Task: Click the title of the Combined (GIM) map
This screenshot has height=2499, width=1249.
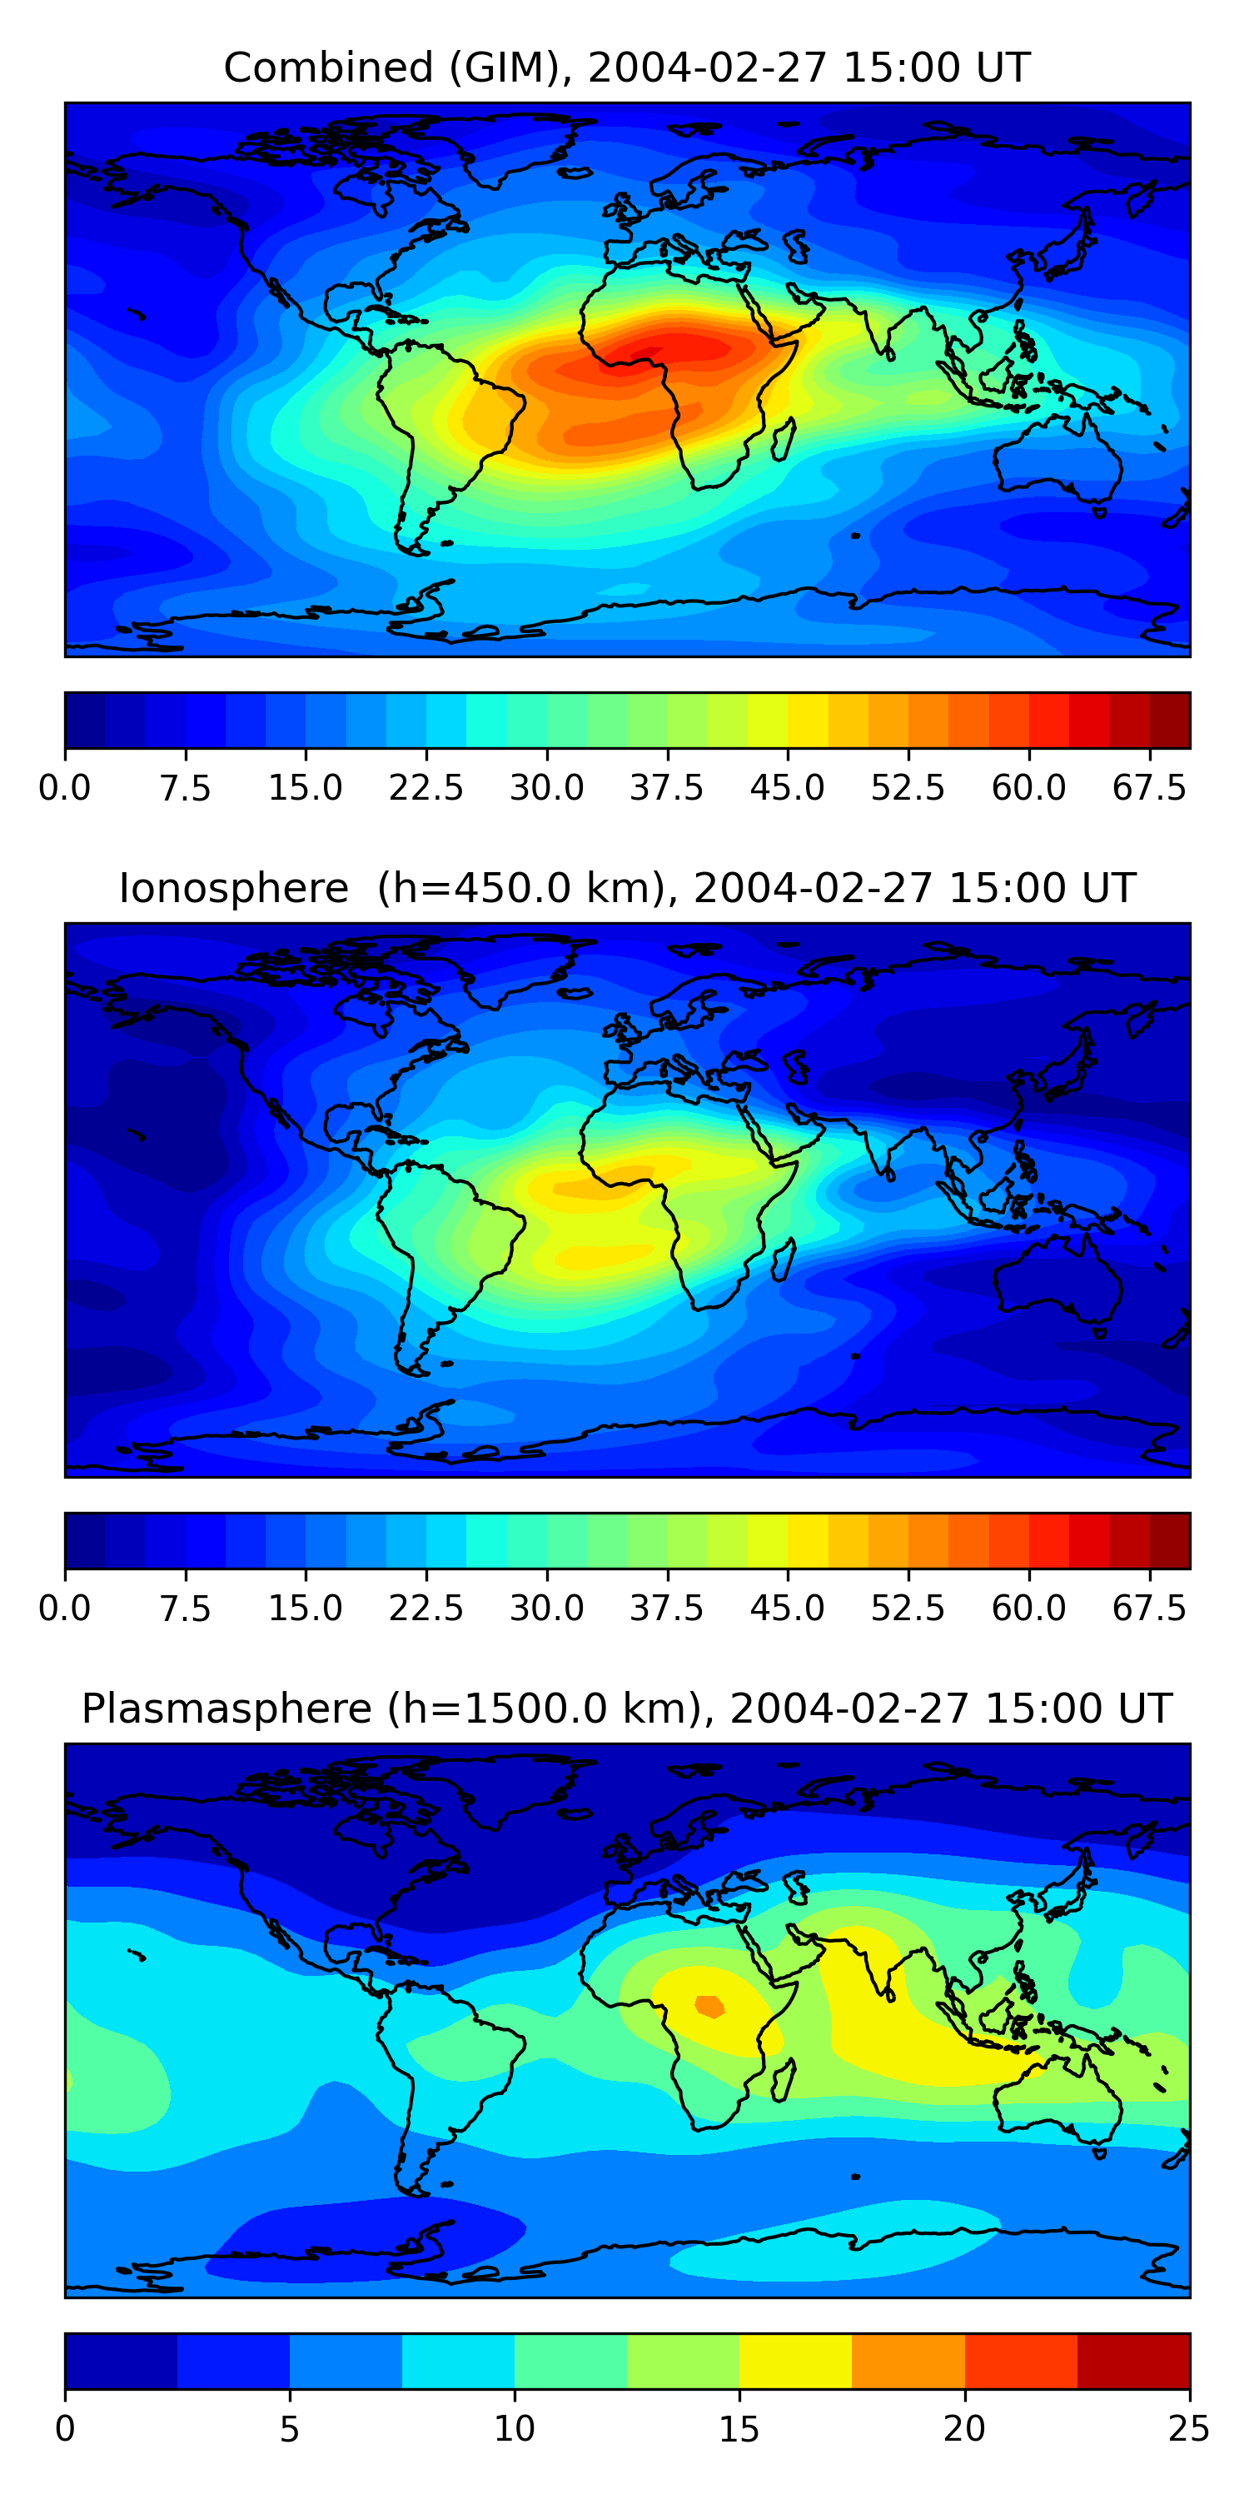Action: coord(626,68)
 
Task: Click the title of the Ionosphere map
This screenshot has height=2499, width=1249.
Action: coord(626,889)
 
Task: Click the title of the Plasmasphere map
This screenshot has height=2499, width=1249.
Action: coord(626,1708)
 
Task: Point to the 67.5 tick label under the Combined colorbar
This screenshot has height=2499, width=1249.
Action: coord(1149,788)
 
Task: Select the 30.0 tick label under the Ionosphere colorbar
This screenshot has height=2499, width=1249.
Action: coord(547,1609)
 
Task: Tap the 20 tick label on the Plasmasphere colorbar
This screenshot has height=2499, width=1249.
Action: coord(964,2428)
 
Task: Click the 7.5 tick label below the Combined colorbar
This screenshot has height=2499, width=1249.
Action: coord(185,788)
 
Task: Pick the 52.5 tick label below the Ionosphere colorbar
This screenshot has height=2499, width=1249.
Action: coord(908,1609)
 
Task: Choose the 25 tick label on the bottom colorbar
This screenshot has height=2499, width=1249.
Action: coord(1189,2428)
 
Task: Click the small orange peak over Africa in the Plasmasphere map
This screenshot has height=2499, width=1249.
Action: coord(709,2005)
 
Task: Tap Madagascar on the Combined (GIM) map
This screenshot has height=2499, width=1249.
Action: coord(784,438)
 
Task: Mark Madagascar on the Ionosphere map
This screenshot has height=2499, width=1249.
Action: coord(784,1259)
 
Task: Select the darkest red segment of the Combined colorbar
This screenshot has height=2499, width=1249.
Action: coord(1170,721)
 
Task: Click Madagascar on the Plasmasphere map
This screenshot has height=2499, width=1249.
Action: coord(784,2080)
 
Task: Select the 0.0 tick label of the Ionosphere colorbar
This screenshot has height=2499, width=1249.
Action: coord(65,1609)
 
